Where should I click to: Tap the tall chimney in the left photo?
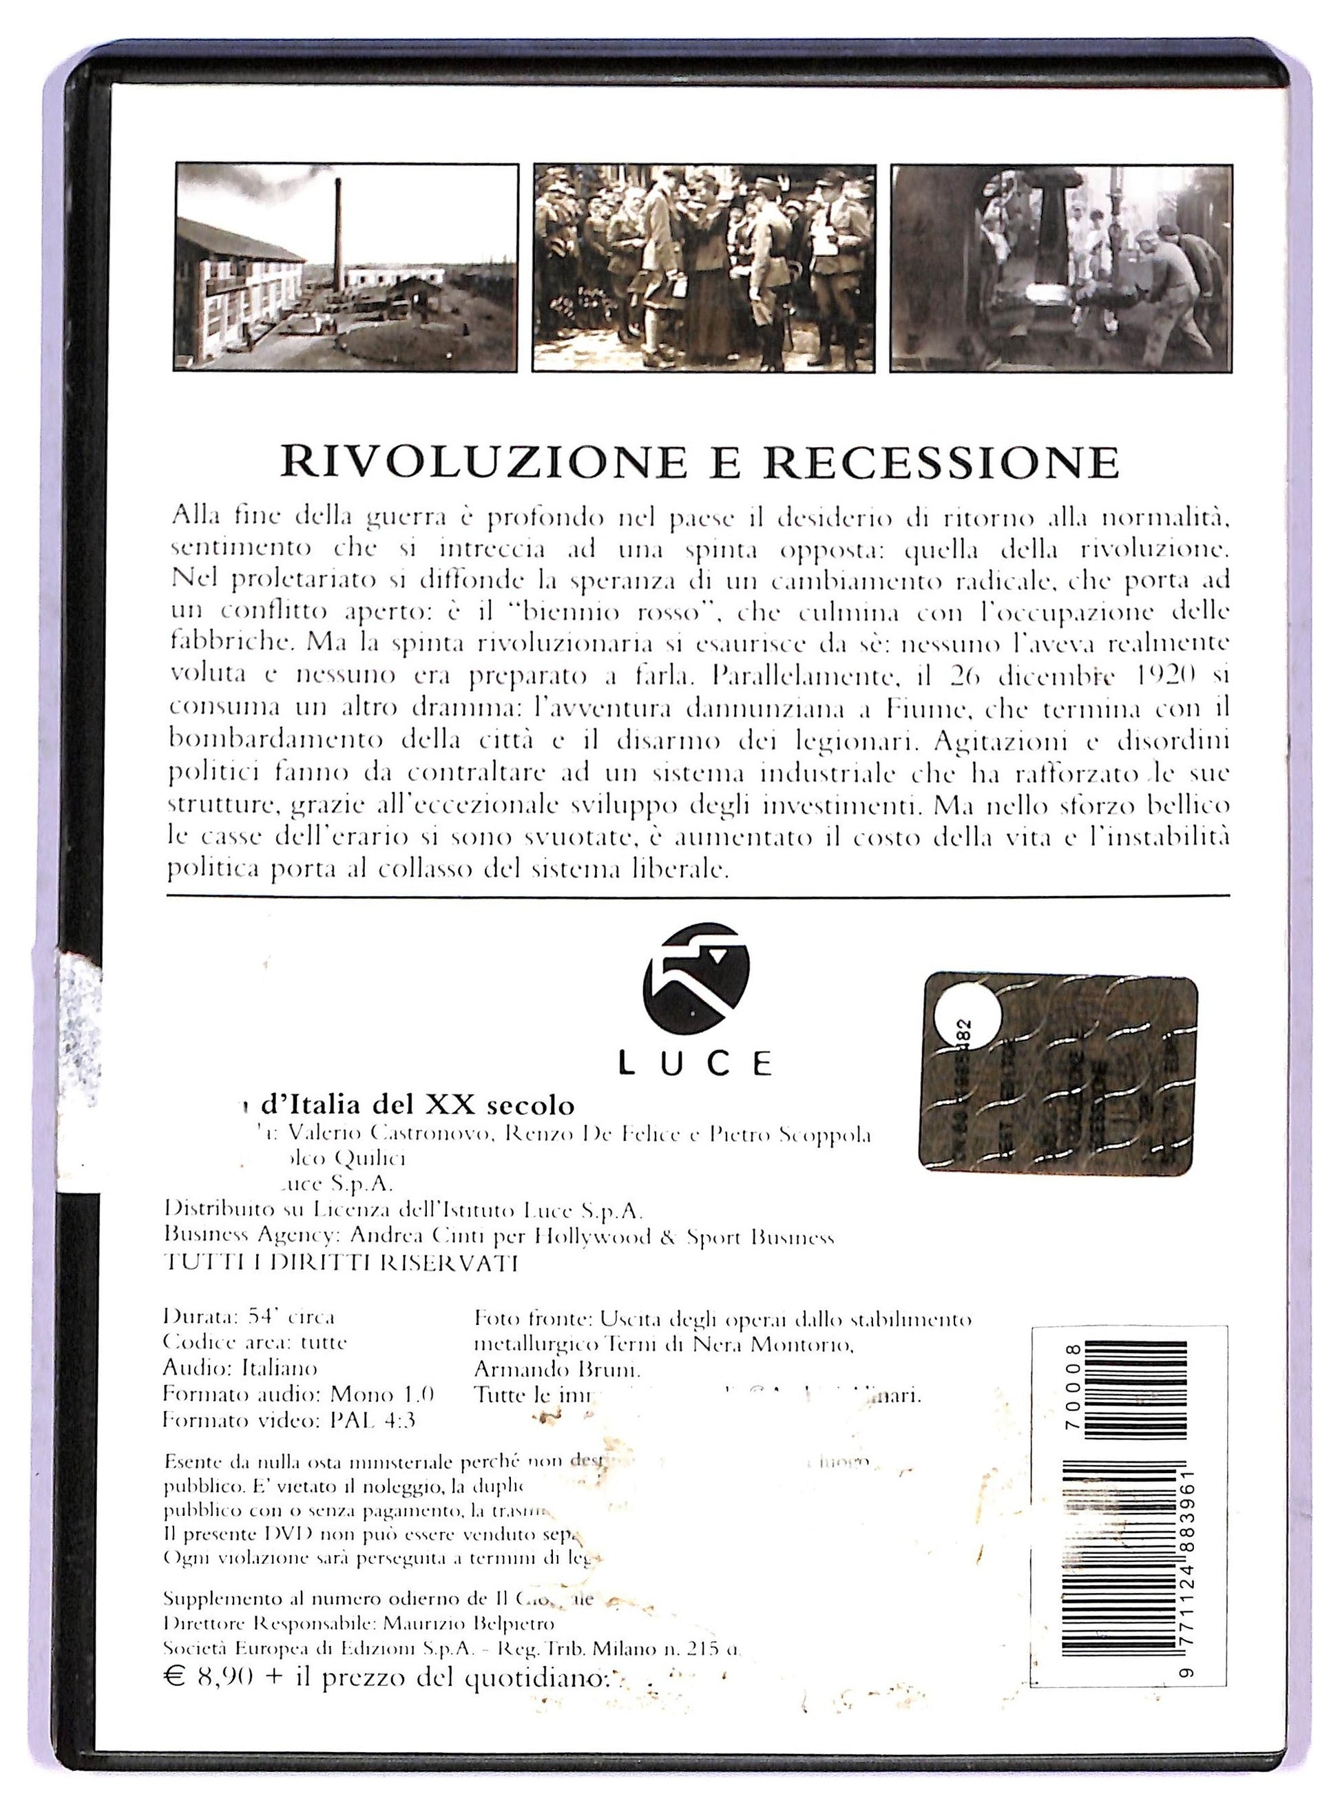click(x=337, y=236)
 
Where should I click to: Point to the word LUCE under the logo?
click(x=695, y=1063)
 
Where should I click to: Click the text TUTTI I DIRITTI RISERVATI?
click(x=341, y=1262)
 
